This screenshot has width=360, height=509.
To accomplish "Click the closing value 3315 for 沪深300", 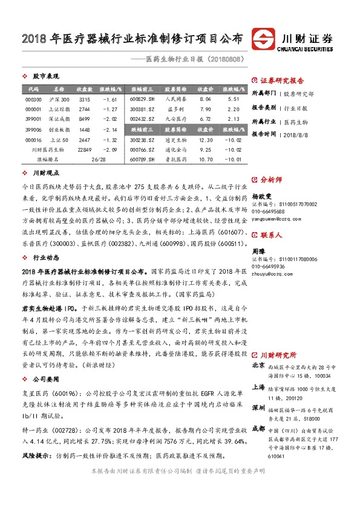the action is tap(85, 99).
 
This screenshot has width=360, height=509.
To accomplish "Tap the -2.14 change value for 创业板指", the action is tap(110, 129).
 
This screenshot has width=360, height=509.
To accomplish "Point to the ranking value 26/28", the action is tap(97, 160).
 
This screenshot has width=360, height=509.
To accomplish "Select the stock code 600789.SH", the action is tap(143, 160).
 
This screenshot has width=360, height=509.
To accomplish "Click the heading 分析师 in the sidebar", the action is tap(270, 180).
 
